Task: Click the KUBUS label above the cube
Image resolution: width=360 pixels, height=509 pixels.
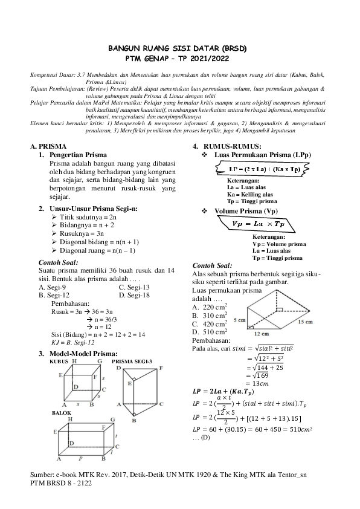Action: [59, 361]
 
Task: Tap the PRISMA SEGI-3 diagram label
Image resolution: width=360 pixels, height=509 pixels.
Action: [132, 361]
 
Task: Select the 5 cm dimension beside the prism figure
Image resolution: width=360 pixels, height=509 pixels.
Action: [239, 319]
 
